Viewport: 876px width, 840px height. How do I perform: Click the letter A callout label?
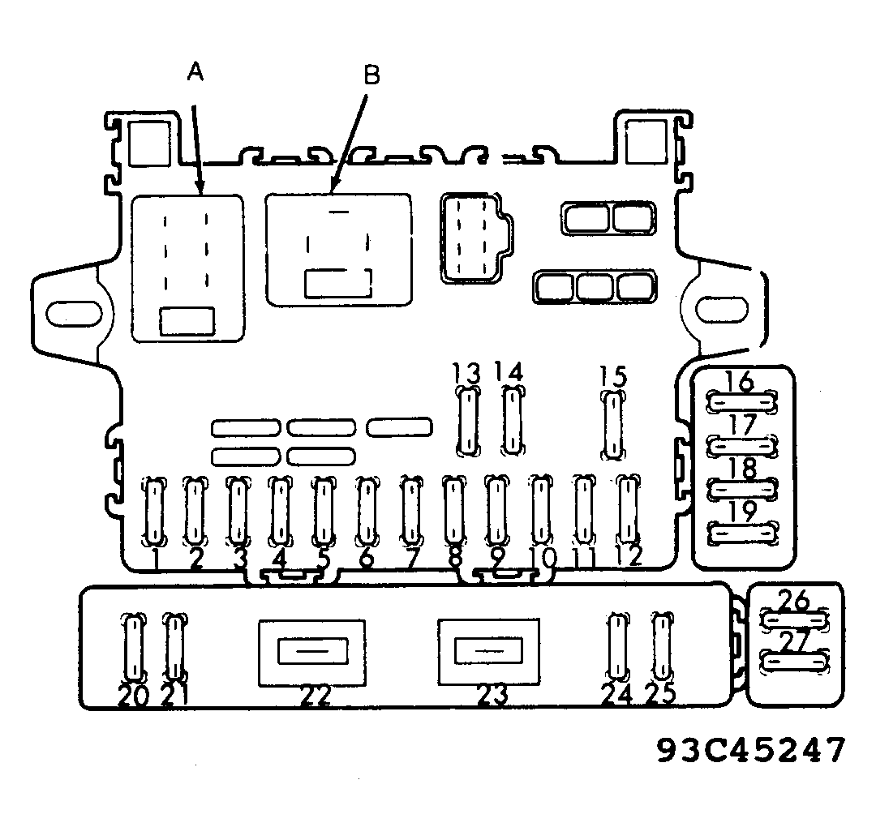point(195,73)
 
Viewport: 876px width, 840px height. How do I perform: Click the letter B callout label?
point(371,75)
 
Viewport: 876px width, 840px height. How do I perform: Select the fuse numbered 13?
point(468,420)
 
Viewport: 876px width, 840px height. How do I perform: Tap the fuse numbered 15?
point(614,424)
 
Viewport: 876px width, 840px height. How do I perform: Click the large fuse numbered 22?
point(312,651)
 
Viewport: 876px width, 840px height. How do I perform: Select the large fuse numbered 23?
point(490,650)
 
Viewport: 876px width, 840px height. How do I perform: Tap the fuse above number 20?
point(133,647)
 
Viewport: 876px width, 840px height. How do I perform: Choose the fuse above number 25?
point(663,647)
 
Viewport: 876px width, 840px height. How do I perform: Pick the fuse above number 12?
point(626,508)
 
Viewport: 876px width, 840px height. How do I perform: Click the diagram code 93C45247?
point(750,750)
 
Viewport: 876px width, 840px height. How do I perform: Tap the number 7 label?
point(411,559)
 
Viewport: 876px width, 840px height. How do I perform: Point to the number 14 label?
point(509,373)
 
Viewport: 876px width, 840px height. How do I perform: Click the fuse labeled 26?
point(795,620)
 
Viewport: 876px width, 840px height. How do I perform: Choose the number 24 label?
point(617,694)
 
